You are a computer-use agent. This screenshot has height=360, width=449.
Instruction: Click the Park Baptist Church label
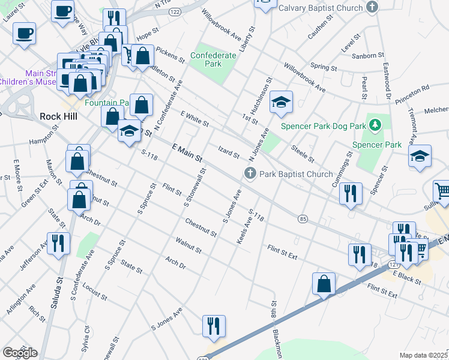coord(295,175)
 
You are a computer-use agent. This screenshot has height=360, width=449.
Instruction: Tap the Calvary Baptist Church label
coord(320,8)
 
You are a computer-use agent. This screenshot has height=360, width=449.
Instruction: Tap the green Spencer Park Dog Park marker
coord(376,125)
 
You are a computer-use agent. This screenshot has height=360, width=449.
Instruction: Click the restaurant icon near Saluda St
coord(58,244)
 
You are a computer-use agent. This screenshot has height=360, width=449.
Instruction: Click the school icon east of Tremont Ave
coord(420,157)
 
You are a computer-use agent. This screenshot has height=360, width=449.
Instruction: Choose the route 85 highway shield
coord(303,220)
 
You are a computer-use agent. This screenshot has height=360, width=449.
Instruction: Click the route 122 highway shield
coord(175,11)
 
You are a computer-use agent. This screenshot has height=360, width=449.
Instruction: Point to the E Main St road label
coord(187,152)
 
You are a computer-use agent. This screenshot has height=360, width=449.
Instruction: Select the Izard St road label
coord(229,153)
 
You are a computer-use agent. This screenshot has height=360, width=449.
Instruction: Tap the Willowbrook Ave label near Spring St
coord(304,78)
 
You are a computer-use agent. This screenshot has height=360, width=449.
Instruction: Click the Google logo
coord(20,353)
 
